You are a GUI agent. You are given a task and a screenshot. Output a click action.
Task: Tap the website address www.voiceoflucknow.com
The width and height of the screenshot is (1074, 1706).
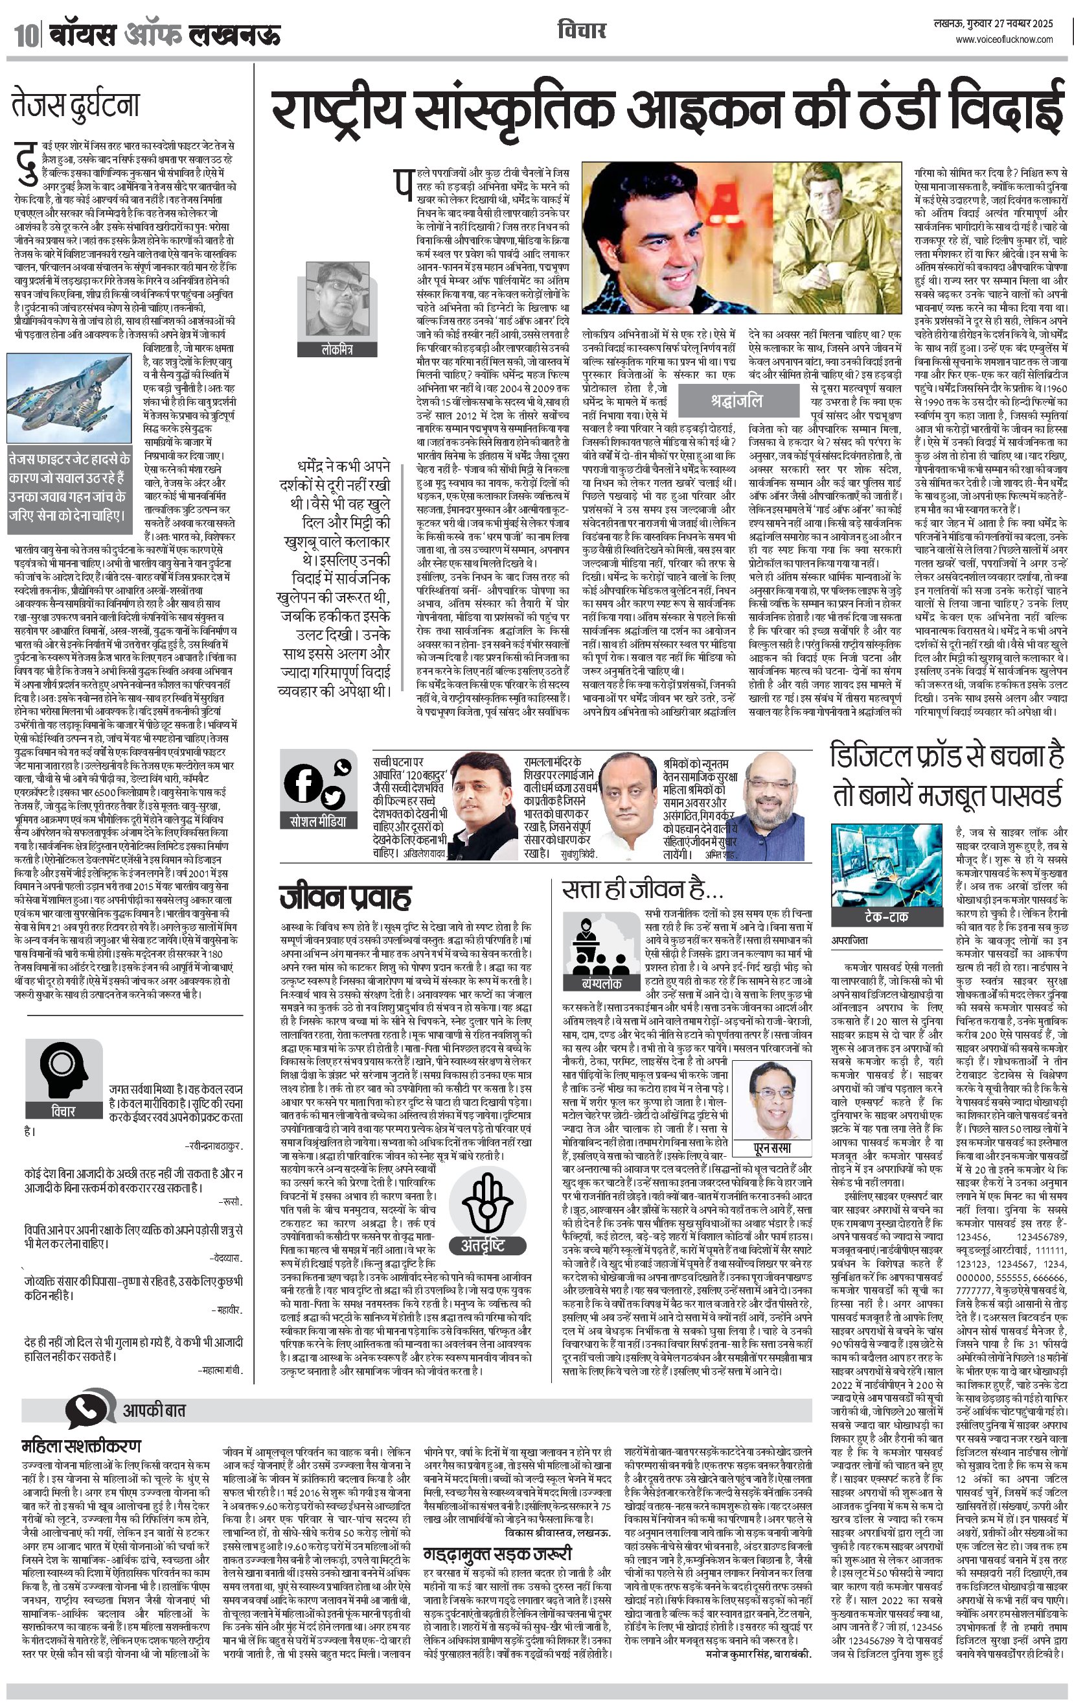1004,40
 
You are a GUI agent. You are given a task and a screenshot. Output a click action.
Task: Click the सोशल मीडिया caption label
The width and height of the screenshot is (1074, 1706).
319,822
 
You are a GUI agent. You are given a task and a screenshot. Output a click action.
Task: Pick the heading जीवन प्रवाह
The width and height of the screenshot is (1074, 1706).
345,897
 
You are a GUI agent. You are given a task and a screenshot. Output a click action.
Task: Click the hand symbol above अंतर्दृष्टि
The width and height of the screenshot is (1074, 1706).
486,1202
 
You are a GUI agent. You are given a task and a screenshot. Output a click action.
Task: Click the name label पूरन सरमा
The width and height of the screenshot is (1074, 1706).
771,1147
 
